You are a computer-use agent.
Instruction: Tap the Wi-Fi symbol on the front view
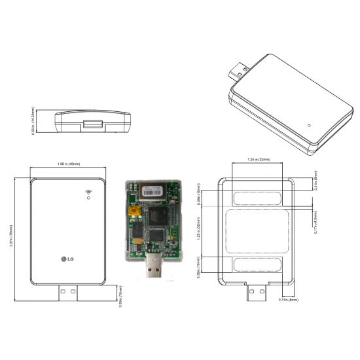[88, 193]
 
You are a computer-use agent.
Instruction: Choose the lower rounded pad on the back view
[256, 264]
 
